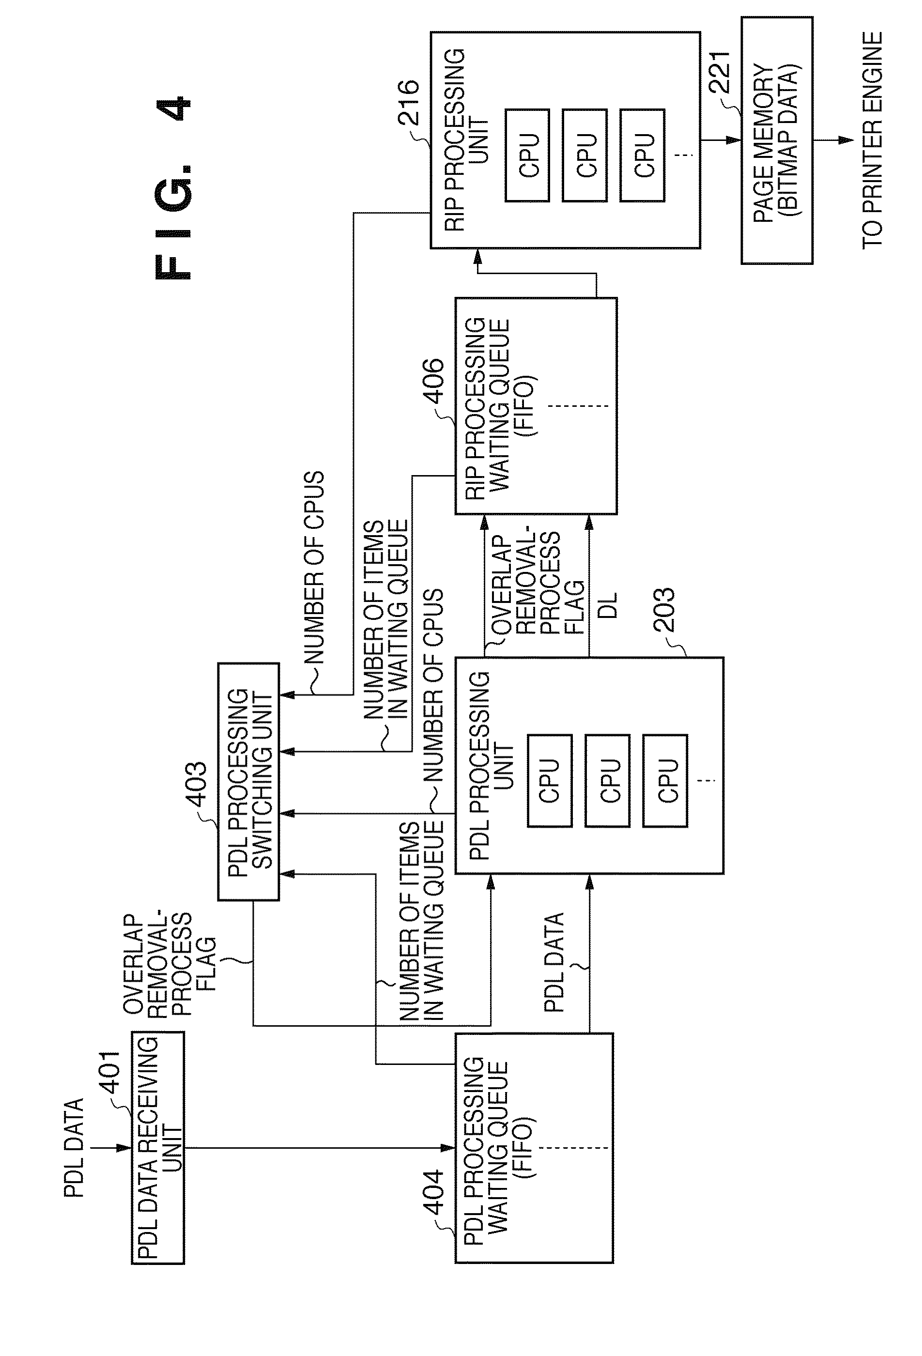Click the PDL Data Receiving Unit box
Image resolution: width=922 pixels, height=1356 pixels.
point(157,1148)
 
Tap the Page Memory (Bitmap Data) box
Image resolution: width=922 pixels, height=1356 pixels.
point(777,140)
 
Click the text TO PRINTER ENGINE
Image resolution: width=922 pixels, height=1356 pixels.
point(872,140)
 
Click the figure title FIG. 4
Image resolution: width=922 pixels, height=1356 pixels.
point(173,187)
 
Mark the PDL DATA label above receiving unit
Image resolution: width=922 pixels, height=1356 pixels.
point(74,1148)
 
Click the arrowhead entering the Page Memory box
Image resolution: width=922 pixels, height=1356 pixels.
point(734,140)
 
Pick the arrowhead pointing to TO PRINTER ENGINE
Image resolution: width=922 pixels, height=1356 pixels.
point(845,140)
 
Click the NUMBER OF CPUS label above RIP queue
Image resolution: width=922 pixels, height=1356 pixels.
point(314,568)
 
